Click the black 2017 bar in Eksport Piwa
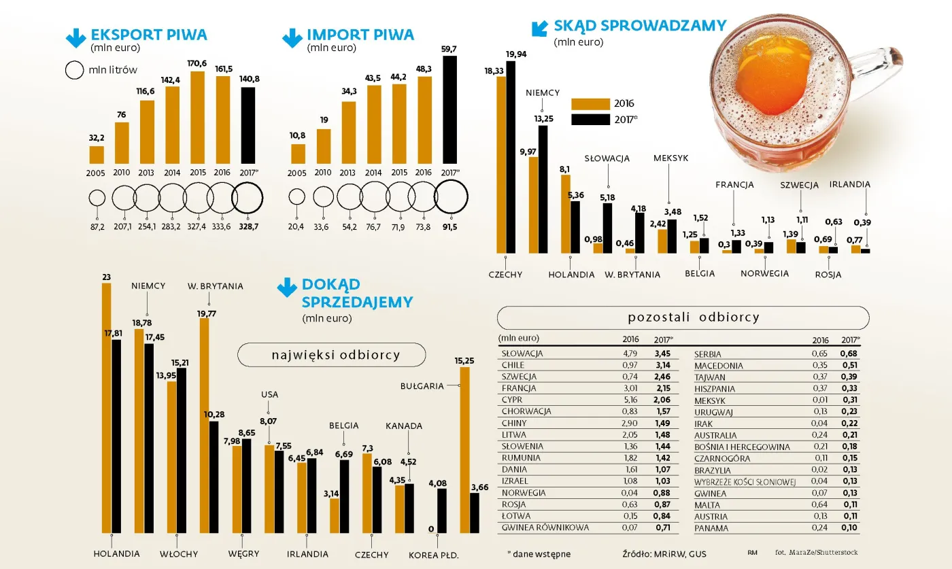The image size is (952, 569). (248, 126)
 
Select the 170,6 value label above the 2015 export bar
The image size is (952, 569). (198, 64)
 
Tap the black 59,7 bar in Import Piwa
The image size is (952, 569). (449, 109)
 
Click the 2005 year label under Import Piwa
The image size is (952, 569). (297, 173)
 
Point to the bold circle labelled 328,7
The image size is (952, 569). (248, 199)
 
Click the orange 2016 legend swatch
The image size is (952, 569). (590, 104)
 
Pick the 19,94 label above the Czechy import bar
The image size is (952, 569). (515, 54)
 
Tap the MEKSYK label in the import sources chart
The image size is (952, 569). (670, 158)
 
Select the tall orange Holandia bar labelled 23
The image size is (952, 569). (106, 408)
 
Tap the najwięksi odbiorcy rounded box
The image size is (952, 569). (331, 355)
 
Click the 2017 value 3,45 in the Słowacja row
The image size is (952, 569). (662, 354)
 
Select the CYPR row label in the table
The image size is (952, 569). (512, 400)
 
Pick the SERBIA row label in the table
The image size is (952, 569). (708, 354)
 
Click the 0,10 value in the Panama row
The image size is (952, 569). (850, 528)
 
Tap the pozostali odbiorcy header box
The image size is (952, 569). (683, 317)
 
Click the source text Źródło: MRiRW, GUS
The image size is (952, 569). (664, 554)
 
